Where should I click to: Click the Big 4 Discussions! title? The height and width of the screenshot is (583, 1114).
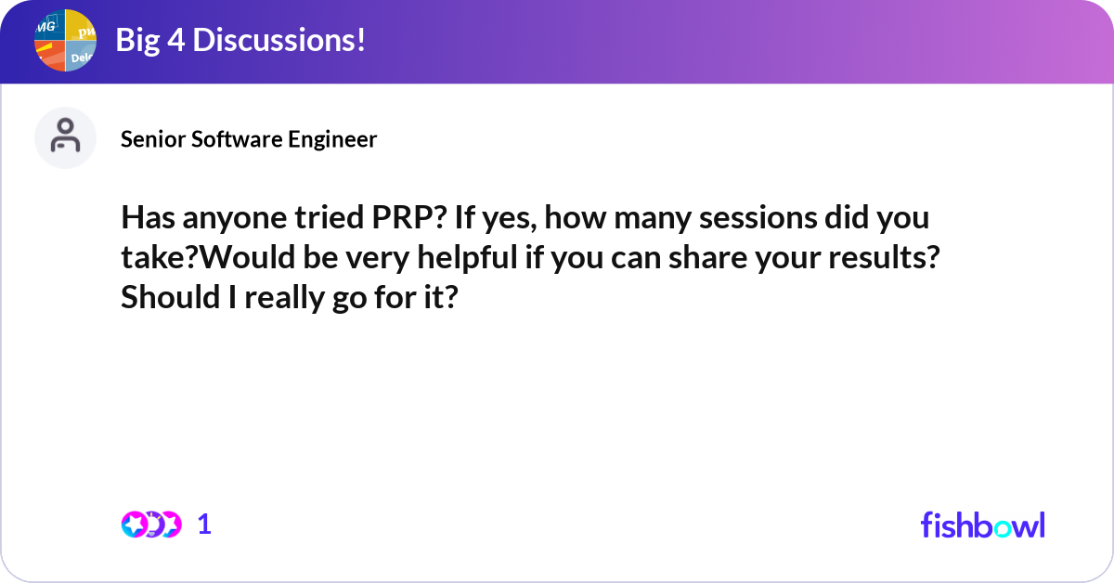(x=240, y=40)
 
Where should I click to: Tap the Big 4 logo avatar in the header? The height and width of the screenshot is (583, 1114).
(x=65, y=40)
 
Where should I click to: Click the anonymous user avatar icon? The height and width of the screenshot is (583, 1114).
(x=65, y=137)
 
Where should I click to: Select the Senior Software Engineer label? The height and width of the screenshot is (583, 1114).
(x=249, y=139)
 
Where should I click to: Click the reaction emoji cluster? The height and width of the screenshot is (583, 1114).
(x=151, y=525)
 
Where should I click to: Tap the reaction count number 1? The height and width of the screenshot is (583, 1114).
(x=204, y=525)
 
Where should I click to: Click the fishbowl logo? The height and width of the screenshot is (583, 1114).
(x=982, y=525)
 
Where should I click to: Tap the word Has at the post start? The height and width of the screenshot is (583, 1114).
(x=144, y=221)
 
